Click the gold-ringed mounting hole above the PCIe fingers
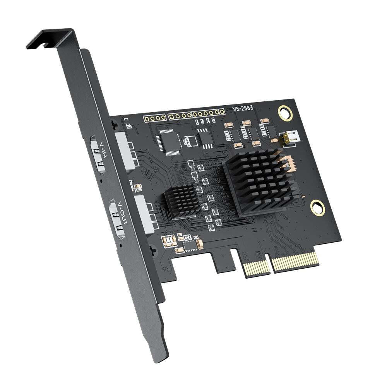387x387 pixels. point(317,207)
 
